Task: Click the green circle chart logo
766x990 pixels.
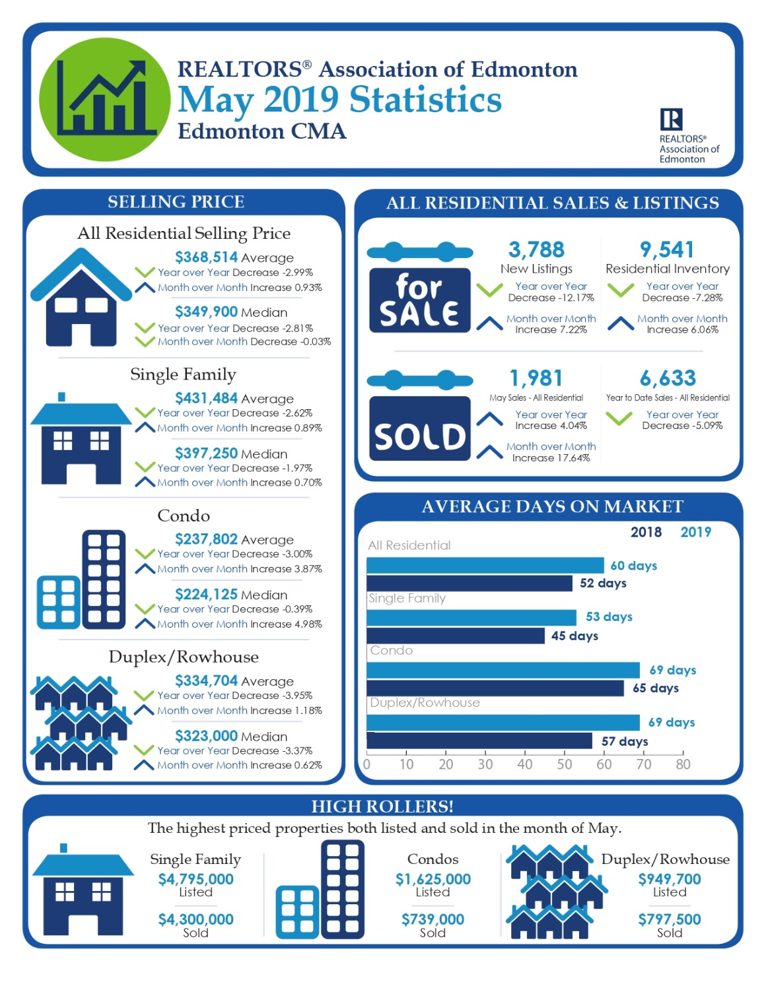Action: [105, 100]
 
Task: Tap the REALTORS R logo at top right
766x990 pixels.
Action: [671, 119]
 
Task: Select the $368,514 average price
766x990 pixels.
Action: [206, 257]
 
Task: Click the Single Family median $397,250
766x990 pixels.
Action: [206, 453]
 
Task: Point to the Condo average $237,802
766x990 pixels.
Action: [206, 539]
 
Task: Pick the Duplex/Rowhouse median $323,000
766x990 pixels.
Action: [206, 736]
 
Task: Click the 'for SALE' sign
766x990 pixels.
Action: [419, 300]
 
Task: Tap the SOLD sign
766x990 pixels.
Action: [419, 429]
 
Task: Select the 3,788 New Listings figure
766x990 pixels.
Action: [536, 249]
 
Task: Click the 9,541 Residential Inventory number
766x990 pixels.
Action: [667, 249]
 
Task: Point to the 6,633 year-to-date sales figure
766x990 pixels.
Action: [668, 378]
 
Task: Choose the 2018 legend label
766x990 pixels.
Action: [646, 532]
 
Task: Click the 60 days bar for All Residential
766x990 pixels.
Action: [485, 566]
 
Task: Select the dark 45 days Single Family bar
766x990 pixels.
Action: [456, 636]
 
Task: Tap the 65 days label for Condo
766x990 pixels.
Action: [656, 688]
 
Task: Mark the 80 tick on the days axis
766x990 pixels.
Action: [683, 764]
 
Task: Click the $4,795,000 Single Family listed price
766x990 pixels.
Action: [195, 879]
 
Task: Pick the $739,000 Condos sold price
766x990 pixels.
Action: [433, 919]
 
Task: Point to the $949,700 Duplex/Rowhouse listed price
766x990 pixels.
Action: [670, 879]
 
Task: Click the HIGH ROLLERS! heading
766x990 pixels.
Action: [382, 807]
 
